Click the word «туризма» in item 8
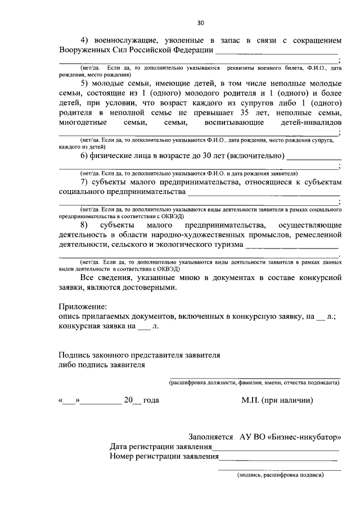click(225, 245)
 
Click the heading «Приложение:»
click(83, 307)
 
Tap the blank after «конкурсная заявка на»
click(144, 328)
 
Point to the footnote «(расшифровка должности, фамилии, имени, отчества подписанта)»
click(255, 382)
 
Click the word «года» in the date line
click(151, 400)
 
